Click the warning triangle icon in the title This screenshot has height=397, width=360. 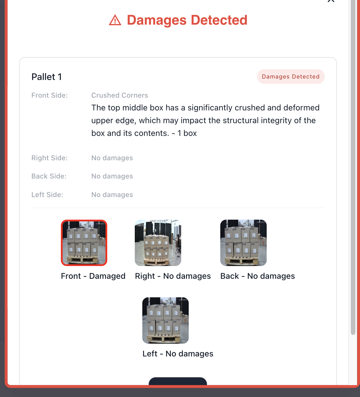(x=115, y=20)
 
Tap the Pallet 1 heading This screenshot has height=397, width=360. (x=46, y=77)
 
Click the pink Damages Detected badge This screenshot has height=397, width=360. (x=290, y=77)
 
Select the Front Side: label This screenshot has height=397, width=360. (x=50, y=95)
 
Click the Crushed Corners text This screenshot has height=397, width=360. (x=119, y=95)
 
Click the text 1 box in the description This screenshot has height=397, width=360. (x=187, y=133)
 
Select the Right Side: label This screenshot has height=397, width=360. (x=50, y=158)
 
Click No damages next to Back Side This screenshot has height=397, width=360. (x=112, y=176)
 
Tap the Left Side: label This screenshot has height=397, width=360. (x=47, y=195)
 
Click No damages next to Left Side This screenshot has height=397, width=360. (x=112, y=195)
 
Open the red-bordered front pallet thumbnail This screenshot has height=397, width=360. (x=84, y=243)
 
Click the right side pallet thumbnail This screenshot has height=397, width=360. (x=158, y=243)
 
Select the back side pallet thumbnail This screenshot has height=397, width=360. (x=243, y=243)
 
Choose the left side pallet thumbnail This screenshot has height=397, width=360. (x=166, y=320)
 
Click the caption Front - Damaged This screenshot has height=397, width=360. (x=93, y=276)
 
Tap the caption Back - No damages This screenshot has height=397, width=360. (x=257, y=276)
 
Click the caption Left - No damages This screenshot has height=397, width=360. (x=178, y=354)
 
